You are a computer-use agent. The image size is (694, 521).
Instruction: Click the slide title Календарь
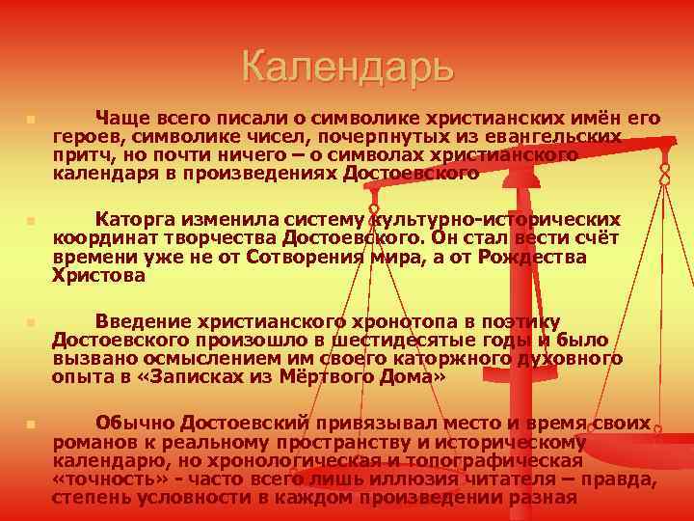347,68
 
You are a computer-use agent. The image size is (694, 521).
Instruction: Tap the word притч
78,155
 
